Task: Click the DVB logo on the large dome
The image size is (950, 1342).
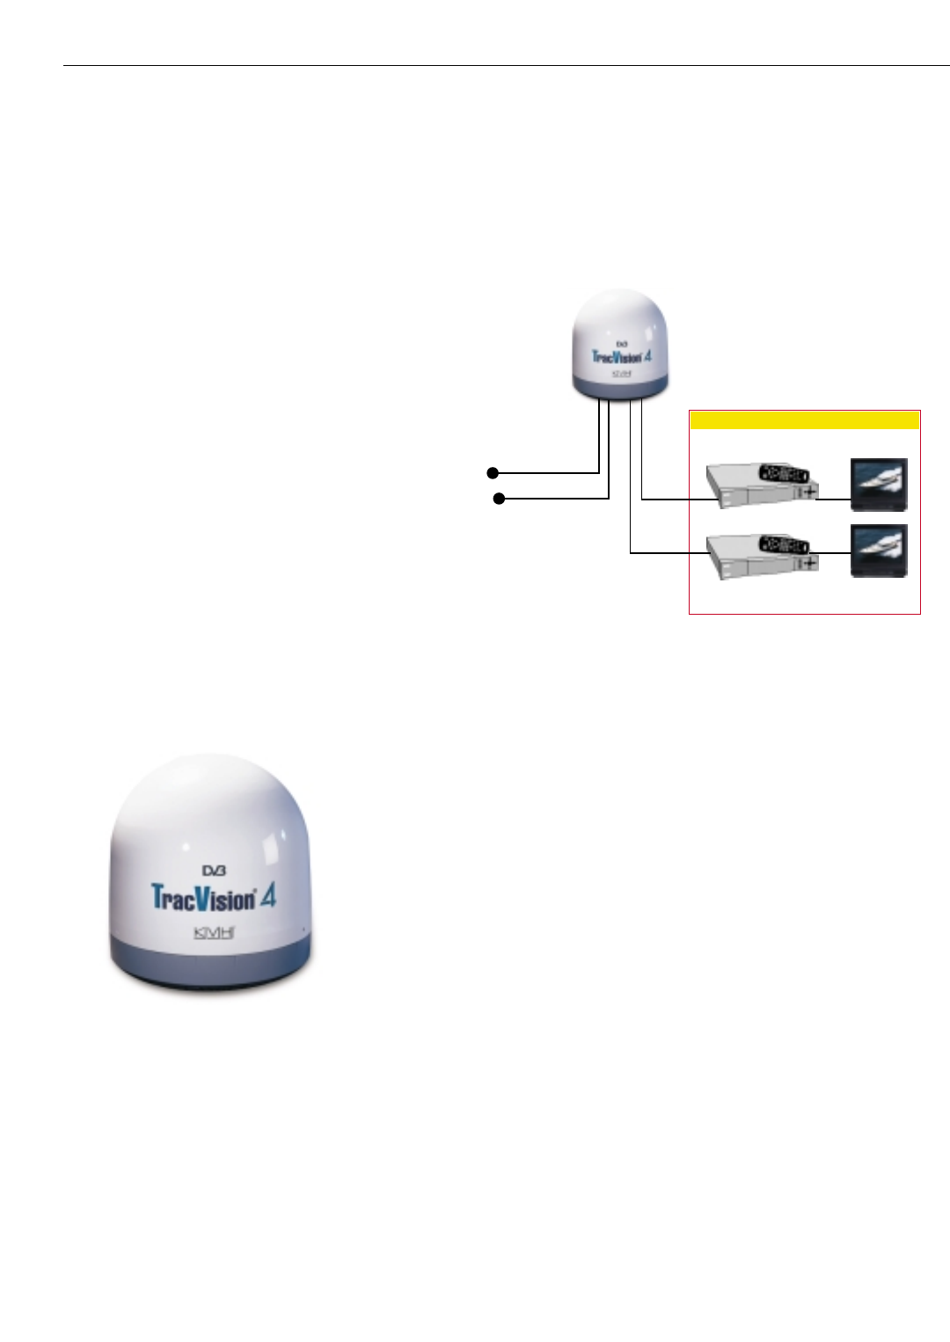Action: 215,871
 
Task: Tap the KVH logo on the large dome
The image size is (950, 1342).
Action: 214,932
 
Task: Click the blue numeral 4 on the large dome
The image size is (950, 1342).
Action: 267,897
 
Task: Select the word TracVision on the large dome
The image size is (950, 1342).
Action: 203,898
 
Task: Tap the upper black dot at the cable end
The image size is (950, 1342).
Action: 493,473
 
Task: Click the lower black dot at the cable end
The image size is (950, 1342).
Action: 499,499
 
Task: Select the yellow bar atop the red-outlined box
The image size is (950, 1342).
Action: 805,420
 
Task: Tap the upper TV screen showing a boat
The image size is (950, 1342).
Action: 879,483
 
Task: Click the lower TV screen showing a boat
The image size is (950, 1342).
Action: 879,551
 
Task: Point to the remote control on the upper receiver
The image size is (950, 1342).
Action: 783,473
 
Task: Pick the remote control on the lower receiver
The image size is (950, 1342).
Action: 783,544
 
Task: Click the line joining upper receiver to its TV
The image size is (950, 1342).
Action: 834,500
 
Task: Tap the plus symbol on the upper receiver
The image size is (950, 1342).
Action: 809,492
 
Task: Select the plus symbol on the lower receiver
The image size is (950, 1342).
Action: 809,563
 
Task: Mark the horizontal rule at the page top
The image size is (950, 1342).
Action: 506,65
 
